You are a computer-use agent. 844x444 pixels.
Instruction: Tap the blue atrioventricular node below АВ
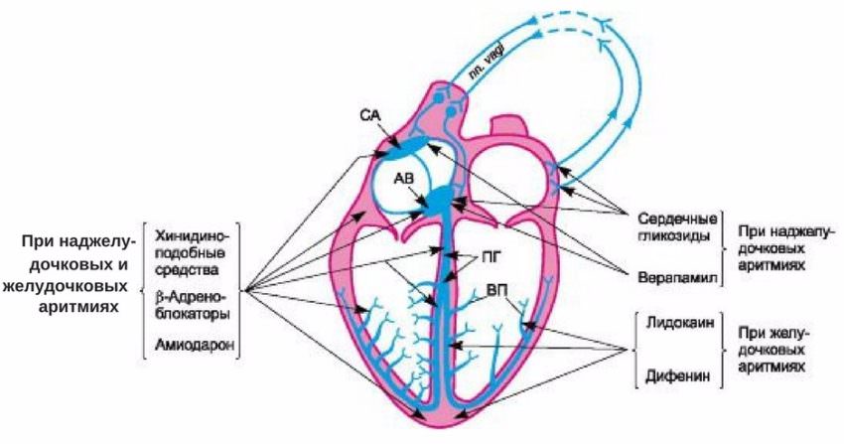(x=437, y=203)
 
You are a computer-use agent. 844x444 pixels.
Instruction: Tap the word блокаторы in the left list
(x=193, y=313)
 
